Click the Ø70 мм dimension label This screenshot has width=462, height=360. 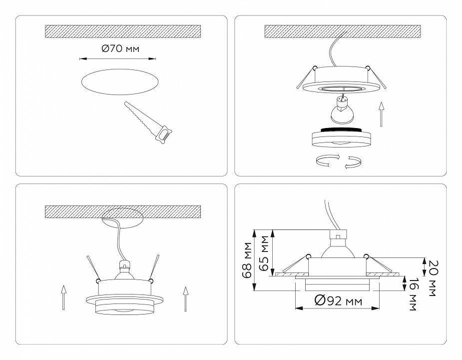point(120,49)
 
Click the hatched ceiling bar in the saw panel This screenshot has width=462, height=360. point(123,31)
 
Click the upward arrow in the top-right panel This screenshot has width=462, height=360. point(381,113)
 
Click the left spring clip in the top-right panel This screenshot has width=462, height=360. point(307,77)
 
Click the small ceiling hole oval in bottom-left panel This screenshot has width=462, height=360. point(122,216)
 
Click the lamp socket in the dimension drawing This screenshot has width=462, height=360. point(339,233)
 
